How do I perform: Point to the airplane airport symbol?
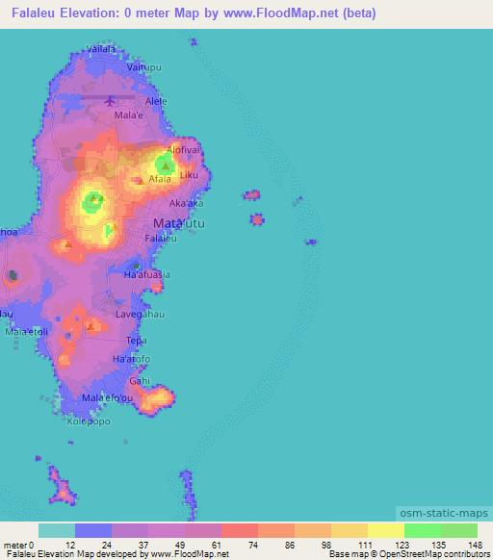(x=110, y=99)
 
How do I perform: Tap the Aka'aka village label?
(x=186, y=204)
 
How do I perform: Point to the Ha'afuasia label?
(x=147, y=274)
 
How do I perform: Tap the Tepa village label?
(x=135, y=340)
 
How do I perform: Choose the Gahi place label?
(x=141, y=380)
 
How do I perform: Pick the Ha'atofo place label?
(x=133, y=360)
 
